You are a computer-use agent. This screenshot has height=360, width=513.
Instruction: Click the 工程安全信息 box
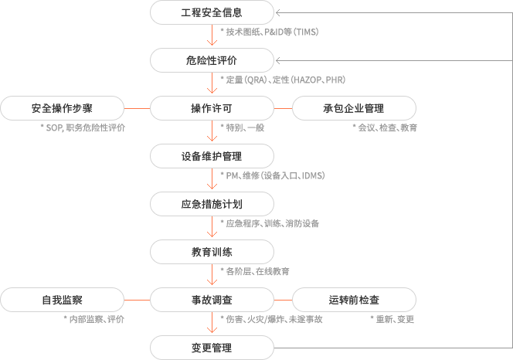(212, 12)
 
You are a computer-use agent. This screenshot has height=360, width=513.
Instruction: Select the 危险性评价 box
(212, 60)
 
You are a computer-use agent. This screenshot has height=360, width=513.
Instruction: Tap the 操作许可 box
(212, 108)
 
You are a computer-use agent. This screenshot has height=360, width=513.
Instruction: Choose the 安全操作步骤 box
(62, 108)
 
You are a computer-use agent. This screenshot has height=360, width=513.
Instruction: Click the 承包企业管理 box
(354, 108)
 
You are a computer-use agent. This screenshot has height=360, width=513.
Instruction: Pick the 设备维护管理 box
(212, 156)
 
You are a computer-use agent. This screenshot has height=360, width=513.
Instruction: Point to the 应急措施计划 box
(212, 204)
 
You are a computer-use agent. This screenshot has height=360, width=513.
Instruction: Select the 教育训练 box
(212, 252)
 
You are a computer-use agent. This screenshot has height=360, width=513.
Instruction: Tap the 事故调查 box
(212, 300)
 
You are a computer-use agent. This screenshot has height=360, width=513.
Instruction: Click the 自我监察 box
(62, 300)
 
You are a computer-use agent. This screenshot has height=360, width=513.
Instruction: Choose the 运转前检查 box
(354, 300)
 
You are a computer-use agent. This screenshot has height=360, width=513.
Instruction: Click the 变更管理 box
(212, 348)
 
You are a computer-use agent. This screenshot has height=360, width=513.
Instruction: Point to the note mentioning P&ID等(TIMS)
(270, 32)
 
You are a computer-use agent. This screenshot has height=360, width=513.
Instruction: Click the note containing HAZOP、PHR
(283, 80)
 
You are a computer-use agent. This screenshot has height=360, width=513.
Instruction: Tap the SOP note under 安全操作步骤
(83, 127)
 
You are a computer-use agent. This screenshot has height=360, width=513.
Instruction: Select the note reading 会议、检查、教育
(385, 127)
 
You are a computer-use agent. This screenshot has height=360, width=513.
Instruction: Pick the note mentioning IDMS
(273, 175)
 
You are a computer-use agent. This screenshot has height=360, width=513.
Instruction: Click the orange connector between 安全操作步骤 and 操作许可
(137, 108)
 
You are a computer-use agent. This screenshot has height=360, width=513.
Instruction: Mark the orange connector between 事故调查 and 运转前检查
(283, 300)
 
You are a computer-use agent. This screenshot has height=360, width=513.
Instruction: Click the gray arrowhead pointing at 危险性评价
(278, 60)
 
